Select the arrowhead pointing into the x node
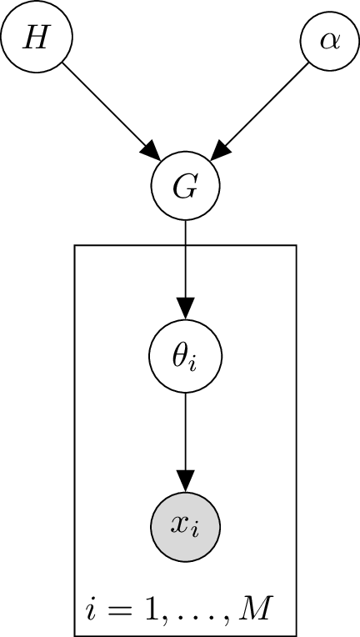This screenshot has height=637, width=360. pos(185,481)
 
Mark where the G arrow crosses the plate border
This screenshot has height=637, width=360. pos(185,245)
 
